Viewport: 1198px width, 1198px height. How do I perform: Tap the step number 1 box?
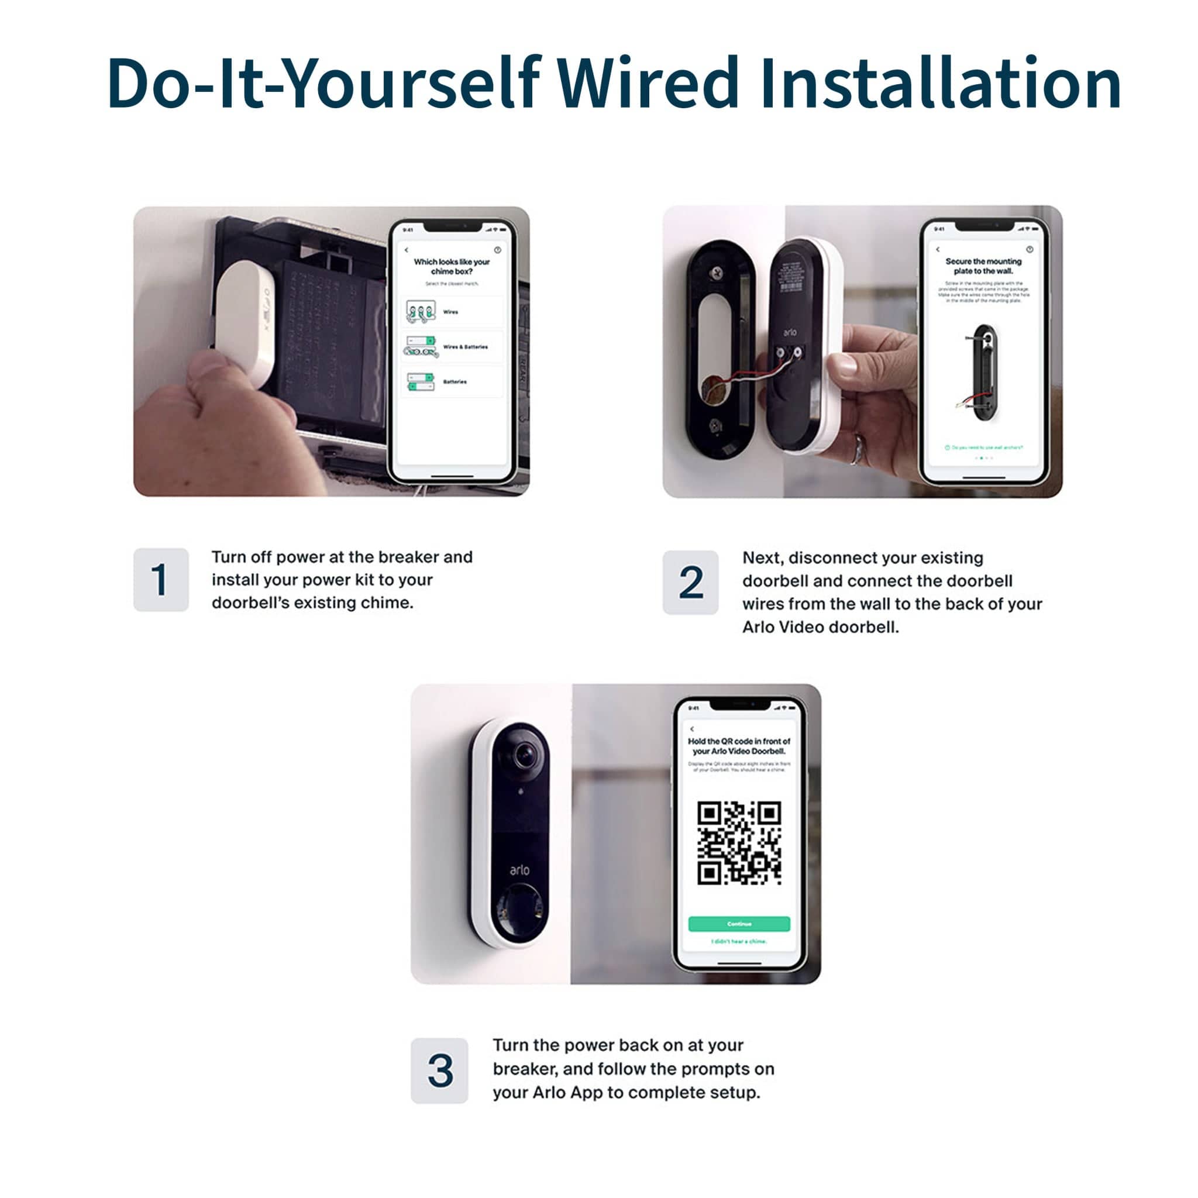(161, 579)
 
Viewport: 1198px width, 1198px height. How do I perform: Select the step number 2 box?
(690, 581)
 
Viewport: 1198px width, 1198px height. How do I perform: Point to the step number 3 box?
(439, 1070)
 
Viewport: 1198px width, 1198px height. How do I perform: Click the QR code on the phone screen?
(739, 843)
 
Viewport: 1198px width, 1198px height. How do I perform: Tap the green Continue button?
(739, 924)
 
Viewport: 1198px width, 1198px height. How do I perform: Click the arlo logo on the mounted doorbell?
(519, 870)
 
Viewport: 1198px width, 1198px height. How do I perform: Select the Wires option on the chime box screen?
(452, 312)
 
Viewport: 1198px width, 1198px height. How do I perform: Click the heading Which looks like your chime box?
(452, 267)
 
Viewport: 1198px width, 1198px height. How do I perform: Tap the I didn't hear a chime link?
(739, 941)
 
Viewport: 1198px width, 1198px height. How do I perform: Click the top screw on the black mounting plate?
(717, 272)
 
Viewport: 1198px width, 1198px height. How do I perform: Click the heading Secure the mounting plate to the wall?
(983, 266)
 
